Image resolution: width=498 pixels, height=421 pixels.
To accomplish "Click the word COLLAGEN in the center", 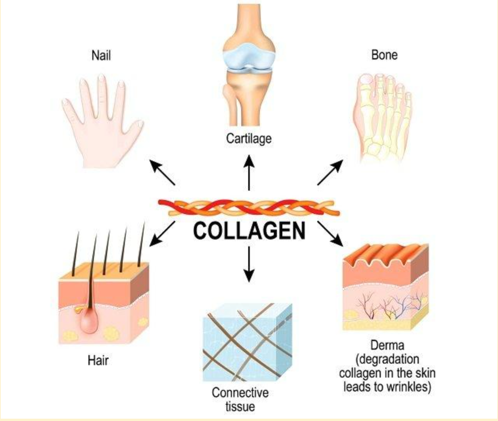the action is (x=249, y=231).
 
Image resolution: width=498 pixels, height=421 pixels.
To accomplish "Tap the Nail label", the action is (x=101, y=55).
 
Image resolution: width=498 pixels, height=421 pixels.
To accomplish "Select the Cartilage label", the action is (x=249, y=139).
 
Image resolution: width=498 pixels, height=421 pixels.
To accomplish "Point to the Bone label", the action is (x=384, y=55).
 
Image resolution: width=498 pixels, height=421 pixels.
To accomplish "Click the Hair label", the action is (x=98, y=361).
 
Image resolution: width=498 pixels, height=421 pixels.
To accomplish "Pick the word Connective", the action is (x=240, y=393).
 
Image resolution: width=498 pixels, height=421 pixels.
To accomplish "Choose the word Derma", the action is (x=387, y=345).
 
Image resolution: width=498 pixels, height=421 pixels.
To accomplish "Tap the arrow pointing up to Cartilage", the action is (x=249, y=173).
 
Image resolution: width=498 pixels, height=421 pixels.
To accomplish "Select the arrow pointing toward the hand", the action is (x=163, y=172).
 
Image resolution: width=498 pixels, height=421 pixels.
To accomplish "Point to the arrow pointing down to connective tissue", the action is (x=249, y=264).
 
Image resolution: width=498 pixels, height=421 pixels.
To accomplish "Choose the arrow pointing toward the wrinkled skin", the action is (x=330, y=234).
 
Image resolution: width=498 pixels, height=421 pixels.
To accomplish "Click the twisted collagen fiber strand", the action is (x=249, y=207).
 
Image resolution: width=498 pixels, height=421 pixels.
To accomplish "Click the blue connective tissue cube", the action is (x=247, y=342).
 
